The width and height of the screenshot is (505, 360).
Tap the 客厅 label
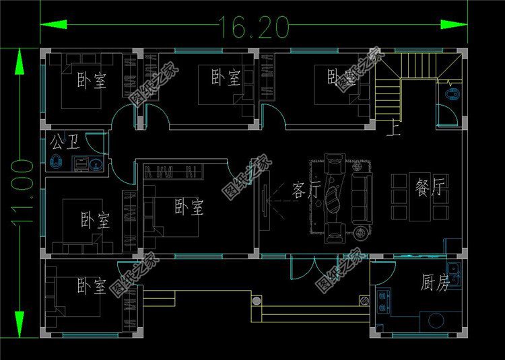pyautogui.click(x=306, y=191)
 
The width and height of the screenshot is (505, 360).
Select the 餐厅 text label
pyautogui.click(x=432, y=188)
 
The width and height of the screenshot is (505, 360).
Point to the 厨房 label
pyautogui.click(x=435, y=283)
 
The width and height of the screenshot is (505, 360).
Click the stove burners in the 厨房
pyautogui.click(x=386, y=301)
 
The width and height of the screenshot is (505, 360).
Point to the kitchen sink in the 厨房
pyautogui.click(x=454, y=275)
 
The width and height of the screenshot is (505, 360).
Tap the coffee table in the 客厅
pyautogui.click(x=334, y=199)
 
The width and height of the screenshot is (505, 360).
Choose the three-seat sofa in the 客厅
pyautogui.click(x=361, y=198)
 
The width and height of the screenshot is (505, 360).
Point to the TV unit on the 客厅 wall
pyautogui.click(x=266, y=199)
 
